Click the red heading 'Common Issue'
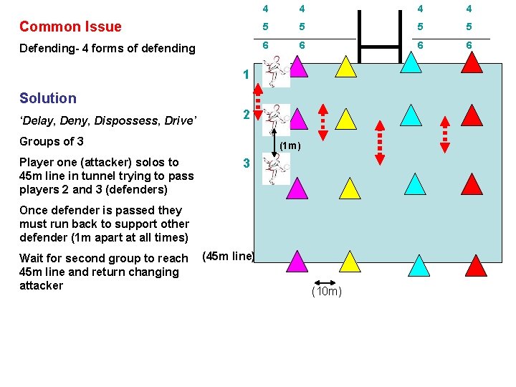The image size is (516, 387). [x=70, y=27]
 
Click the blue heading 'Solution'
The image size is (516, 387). [x=47, y=98]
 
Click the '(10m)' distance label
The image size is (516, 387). [x=327, y=292]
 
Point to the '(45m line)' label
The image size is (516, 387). [x=229, y=256]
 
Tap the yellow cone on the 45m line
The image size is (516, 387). [x=349, y=262]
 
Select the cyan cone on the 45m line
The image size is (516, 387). [x=419, y=265]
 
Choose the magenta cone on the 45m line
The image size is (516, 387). [x=296, y=262]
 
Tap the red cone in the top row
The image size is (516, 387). [x=472, y=62]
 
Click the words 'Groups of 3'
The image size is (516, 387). [x=52, y=141]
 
